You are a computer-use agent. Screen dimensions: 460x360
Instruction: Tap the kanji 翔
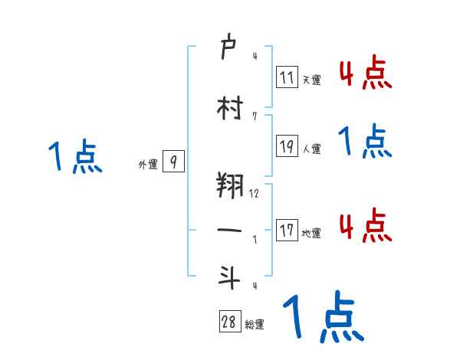click(230, 186)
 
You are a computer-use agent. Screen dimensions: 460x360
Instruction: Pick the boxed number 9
click(173, 162)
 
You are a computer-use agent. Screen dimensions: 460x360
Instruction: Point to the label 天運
click(311, 80)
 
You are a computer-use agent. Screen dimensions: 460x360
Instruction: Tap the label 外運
click(148, 165)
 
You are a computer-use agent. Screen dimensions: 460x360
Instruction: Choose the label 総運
click(255, 325)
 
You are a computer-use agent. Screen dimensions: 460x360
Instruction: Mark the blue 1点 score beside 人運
click(365, 142)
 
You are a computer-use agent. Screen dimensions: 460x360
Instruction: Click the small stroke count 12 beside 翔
click(255, 194)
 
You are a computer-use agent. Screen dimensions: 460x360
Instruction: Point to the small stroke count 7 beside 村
click(254, 116)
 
